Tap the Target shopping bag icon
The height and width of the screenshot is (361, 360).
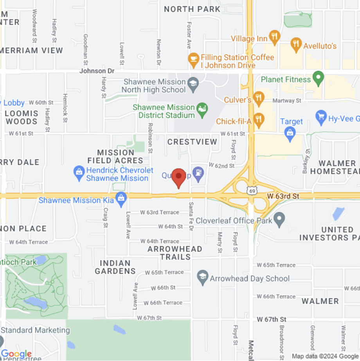pyautogui.click(x=290, y=132)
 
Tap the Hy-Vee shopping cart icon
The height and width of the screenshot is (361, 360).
pyautogui.click(x=321, y=117)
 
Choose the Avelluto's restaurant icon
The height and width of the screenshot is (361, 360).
pyautogui.click(x=296, y=44)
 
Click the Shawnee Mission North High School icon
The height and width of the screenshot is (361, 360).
pyautogui.click(x=193, y=83)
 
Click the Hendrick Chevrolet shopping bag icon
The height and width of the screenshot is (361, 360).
pyautogui.click(x=79, y=173)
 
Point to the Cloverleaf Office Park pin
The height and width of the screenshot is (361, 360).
pyautogui.click(x=279, y=219)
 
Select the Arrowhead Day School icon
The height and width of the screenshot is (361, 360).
pyautogui.click(x=202, y=277)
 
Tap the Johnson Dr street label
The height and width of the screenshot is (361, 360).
pyautogui.click(x=97, y=71)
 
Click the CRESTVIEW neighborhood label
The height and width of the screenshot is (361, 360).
pyautogui.click(x=192, y=142)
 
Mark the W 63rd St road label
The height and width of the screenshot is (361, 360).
pyautogui.click(x=283, y=195)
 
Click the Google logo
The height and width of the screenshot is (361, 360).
pyautogui.click(x=16, y=354)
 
